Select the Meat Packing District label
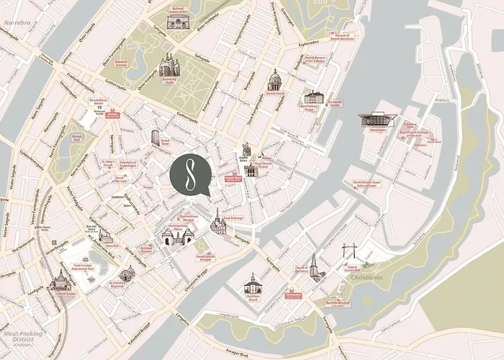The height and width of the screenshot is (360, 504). pyautogui.click(x=21, y=337)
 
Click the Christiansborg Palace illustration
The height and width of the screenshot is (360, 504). pyautogui.click(x=176, y=235)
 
